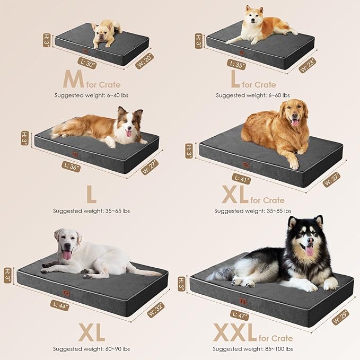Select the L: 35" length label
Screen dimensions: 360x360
pyautogui.click(x=236, y=64)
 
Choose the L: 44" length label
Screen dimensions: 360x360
pyautogui.click(x=60, y=305)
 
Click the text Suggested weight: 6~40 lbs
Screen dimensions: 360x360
pyautogui.click(x=91, y=95)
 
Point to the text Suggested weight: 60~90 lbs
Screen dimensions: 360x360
pyautogui.click(x=91, y=349)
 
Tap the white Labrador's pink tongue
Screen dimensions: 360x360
pyautogui.click(x=67, y=255)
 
